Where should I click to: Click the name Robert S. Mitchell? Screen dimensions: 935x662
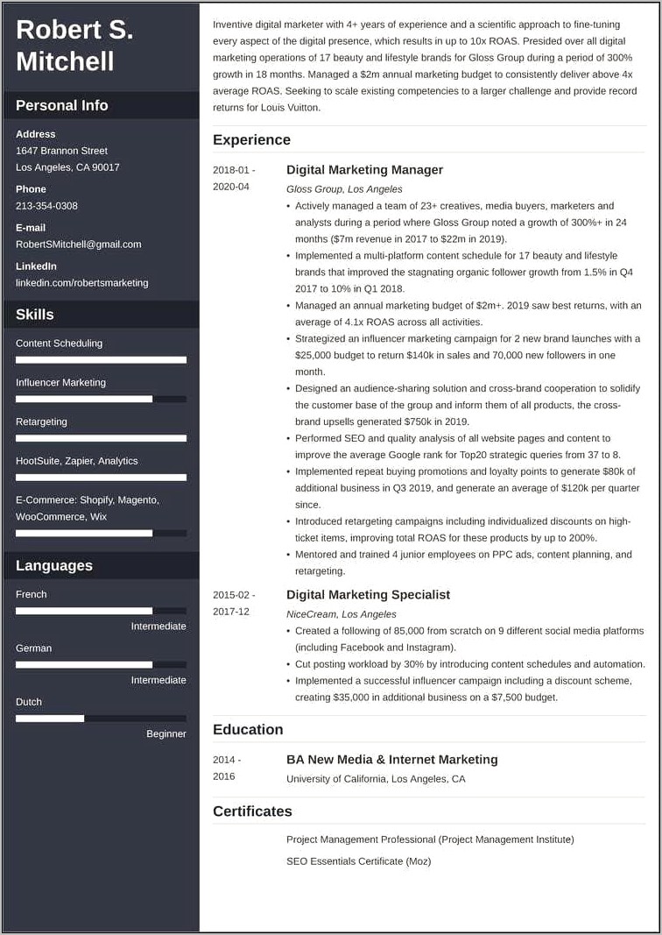[74, 46]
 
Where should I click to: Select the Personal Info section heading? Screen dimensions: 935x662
[62, 105]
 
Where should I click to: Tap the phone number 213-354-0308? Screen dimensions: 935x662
[46, 206]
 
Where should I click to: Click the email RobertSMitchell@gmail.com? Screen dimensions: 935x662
[78, 244]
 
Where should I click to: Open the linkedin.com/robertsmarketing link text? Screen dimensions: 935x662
[81, 283]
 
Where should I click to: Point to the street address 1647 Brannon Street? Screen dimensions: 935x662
[61, 151]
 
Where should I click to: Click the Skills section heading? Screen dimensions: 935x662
[35, 315]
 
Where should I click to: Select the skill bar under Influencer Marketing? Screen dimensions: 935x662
[101, 399]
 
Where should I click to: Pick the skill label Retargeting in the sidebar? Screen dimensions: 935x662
[41, 421]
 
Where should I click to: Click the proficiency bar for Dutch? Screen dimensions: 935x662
[101, 719]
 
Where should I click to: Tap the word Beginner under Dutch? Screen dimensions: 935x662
[165, 733]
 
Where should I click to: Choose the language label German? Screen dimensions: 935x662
[33, 648]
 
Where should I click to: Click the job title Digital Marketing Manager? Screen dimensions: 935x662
[364, 170]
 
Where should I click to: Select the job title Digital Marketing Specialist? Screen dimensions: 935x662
[368, 594]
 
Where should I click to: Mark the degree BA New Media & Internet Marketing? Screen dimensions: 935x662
[391, 760]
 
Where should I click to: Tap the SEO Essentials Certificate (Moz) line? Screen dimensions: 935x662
[358, 861]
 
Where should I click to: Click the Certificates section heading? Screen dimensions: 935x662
[252, 811]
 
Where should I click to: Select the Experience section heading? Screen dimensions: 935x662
[251, 139]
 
